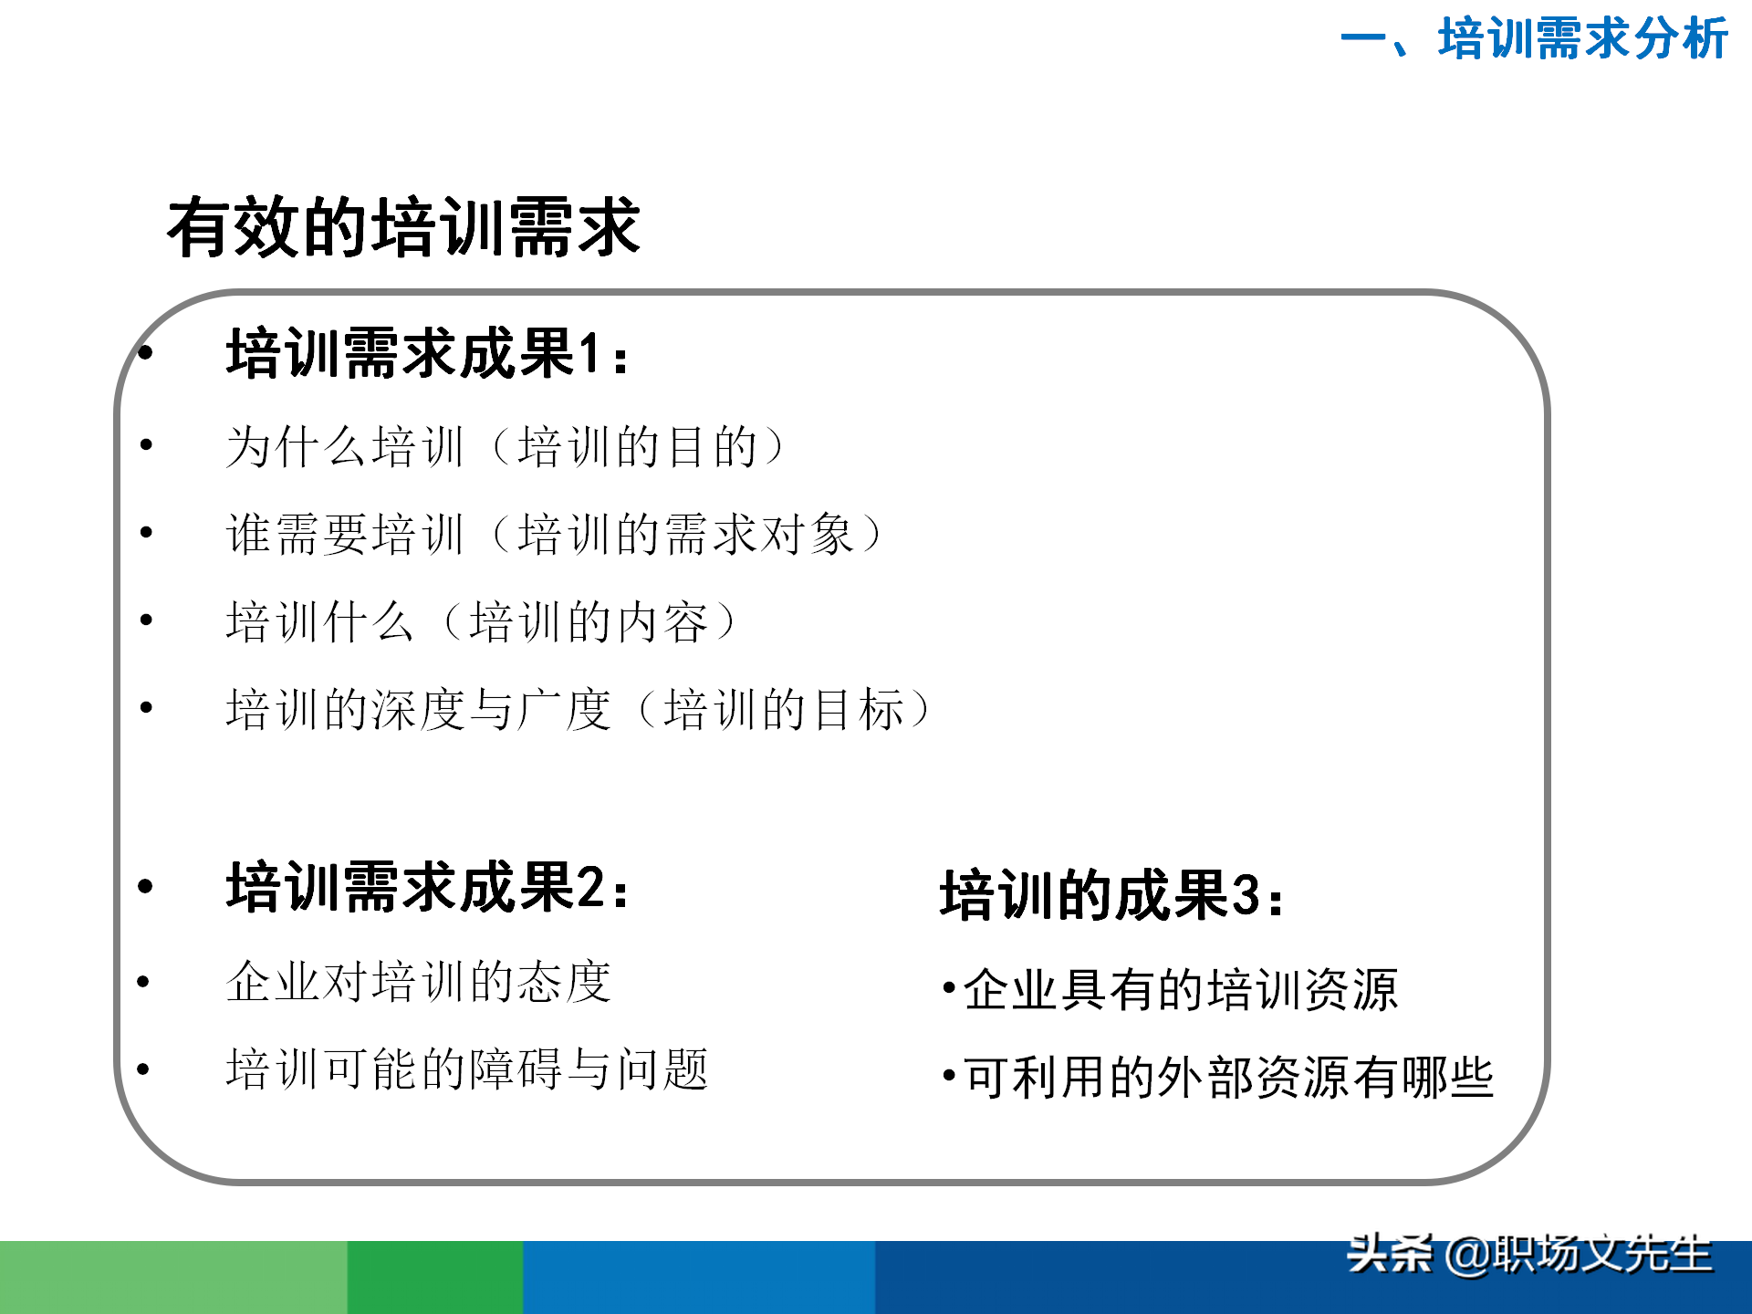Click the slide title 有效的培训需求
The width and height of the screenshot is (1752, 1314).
(x=403, y=227)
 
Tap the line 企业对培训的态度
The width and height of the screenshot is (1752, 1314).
(x=418, y=982)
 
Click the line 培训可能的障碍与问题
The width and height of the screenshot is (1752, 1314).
(x=466, y=1069)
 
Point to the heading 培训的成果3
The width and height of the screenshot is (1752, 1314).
(x=1111, y=895)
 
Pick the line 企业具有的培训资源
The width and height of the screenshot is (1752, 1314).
(x=1179, y=989)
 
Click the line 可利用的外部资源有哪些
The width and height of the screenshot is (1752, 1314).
(x=1227, y=1078)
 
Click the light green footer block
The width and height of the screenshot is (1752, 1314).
(x=173, y=1277)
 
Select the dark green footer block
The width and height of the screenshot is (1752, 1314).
(x=435, y=1277)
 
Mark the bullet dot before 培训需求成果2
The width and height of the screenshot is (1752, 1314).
(x=145, y=886)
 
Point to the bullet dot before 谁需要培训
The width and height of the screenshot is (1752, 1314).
(x=146, y=532)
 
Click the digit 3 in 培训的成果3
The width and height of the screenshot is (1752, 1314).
(x=1246, y=896)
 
